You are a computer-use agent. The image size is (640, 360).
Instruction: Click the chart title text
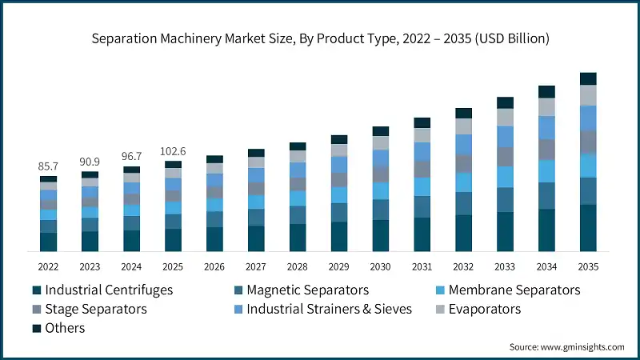[x=320, y=38]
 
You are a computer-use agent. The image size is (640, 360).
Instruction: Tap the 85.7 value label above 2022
[x=48, y=166]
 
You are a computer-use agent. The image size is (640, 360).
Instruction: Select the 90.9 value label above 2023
[x=90, y=162]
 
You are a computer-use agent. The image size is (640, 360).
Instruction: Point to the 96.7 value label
[x=131, y=157]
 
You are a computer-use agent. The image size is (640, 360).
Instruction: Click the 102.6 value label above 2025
[x=173, y=151]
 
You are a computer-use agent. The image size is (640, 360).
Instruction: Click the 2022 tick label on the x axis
[x=48, y=266]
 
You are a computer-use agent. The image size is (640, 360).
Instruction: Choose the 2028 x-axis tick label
[x=298, y=266]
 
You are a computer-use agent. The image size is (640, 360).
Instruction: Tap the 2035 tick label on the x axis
[x=588, y=266]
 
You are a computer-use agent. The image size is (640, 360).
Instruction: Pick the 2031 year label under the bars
[x=422, y=266]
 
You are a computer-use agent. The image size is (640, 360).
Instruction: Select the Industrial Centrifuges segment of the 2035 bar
[x=588, y=229]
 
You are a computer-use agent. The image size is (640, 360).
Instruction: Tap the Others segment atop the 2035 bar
[x=588, y=78]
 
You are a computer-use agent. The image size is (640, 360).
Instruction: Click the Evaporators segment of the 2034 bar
[x=546, y=107]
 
